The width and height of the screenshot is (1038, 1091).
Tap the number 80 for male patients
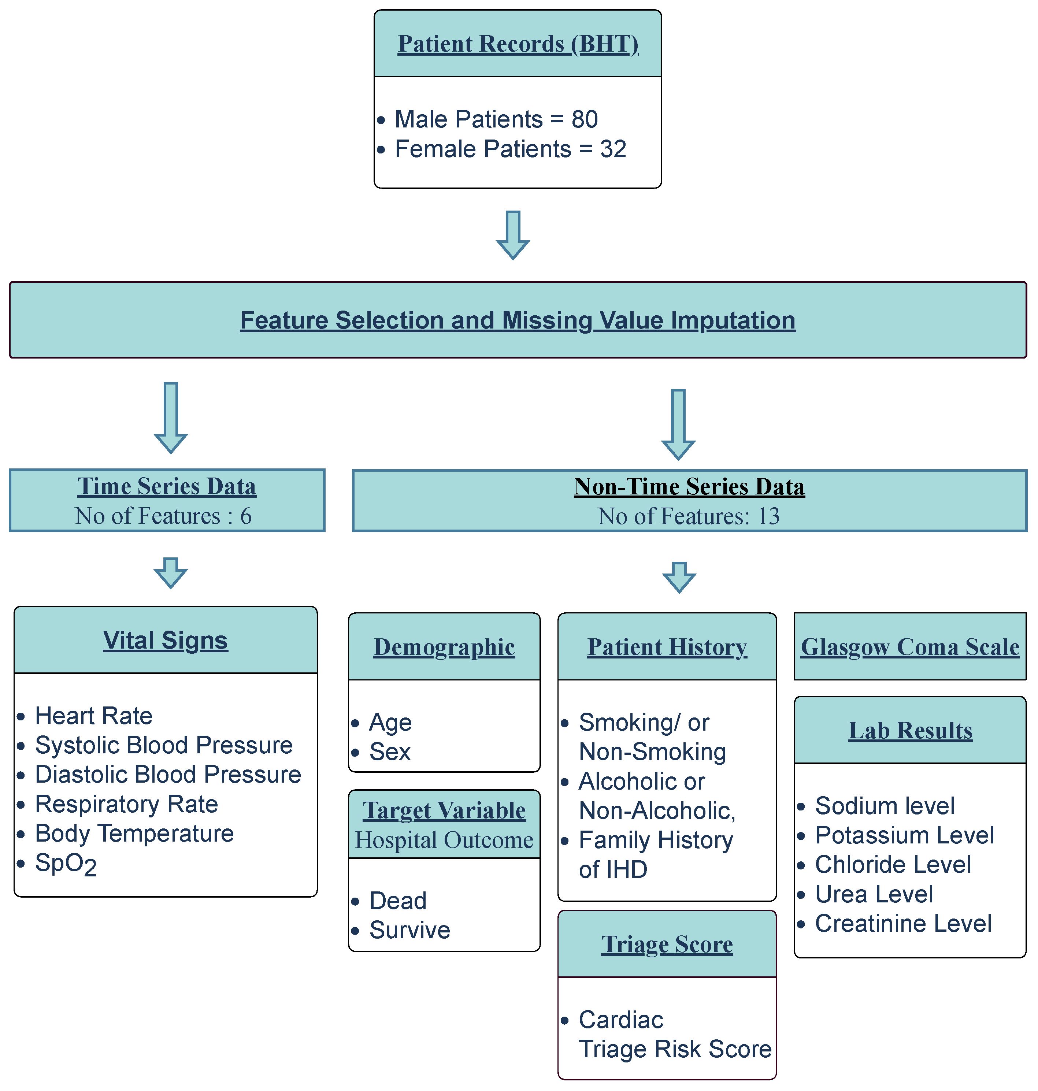click(x=584, y=119)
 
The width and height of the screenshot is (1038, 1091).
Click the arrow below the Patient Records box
click(x=513, y=235)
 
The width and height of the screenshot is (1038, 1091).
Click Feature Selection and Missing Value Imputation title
click(x=518, y=320)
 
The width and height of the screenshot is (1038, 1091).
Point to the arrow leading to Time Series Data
click(x=171, y=418)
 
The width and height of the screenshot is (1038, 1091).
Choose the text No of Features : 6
click(x=164, y=516)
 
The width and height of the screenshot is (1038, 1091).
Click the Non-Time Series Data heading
click(x=689, y=487)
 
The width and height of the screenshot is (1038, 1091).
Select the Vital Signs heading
click(x=166, y=641)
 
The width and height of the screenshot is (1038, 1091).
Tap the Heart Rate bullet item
click(x=93, y=716)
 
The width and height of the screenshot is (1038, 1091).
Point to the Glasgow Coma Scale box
click(x=910, y=647)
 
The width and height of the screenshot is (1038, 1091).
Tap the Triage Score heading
click(x=667, y=945)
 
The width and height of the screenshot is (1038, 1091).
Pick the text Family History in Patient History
click(x=656, y=840)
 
